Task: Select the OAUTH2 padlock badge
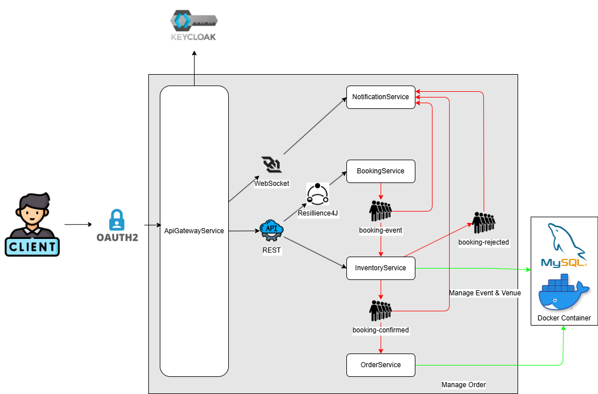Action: tap(118, 225)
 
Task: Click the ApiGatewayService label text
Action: tap(194, 231)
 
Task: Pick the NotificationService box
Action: tap(381, 97)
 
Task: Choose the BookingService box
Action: tap(381, 171)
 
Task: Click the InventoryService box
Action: tap(381, 268)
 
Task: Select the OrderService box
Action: tap(381, 365)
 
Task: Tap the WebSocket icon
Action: tap(272, 165)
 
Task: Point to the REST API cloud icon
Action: tap(272, 230)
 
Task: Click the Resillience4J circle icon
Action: tap(318, 194)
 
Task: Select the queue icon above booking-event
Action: tap(381, 211)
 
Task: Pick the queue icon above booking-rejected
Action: tap(483, 223)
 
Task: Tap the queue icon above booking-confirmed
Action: tap(381, 311)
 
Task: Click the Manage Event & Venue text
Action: tap(485, 293)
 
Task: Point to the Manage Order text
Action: tap(463, 385)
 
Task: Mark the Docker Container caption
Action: tap(564, 318)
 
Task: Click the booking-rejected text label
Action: tap(483, 242)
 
